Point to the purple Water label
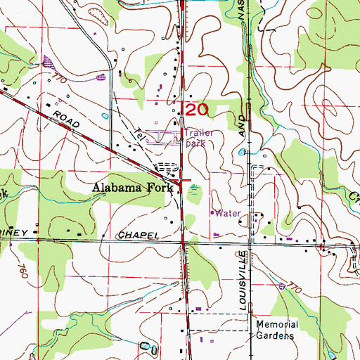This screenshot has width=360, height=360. (229, 212)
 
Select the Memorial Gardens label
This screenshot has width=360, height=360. (277, 329)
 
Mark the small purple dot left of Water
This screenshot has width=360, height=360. (213, 211)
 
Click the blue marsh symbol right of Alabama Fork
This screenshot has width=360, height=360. (195, 188)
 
